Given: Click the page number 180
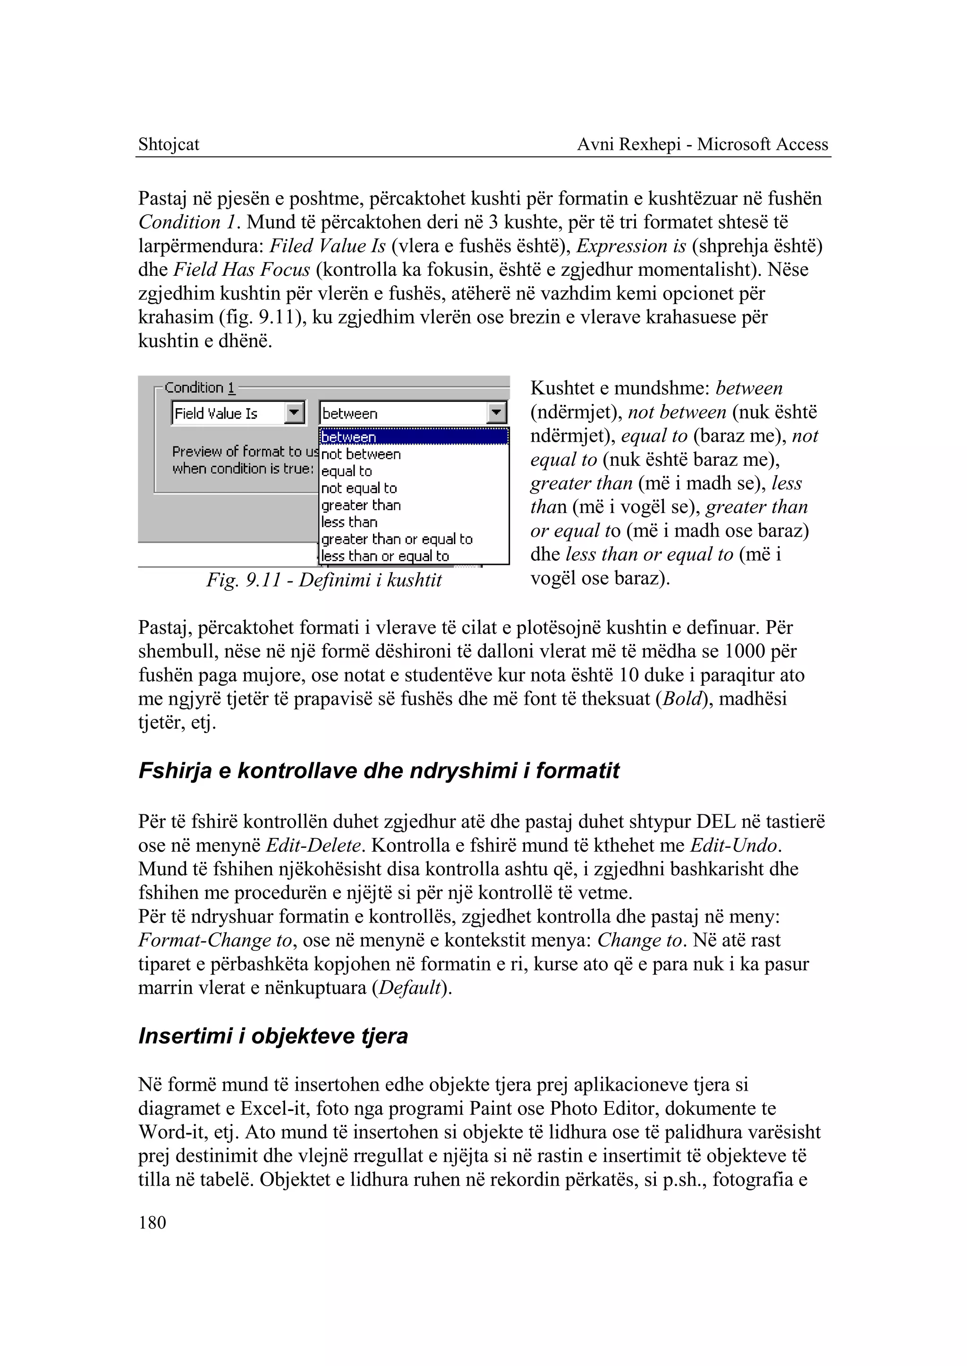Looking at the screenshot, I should (152, 1223).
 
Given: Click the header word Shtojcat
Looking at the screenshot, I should (169, 144).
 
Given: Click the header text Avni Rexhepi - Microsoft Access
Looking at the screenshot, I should (703, 144).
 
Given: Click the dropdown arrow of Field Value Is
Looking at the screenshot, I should (295, 413).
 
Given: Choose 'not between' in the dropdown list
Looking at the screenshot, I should (361, 454).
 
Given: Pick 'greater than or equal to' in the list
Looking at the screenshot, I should (397, 539).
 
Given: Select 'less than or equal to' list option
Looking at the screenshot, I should (385, 556).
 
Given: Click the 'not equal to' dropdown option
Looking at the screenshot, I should (358, 488).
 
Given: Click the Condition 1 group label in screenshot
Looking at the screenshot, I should (199, 388).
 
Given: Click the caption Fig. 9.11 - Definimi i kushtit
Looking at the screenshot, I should (324, 580).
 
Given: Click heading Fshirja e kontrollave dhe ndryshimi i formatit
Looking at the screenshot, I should (379, 771).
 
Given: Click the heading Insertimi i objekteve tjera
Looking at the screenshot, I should (273, 1036).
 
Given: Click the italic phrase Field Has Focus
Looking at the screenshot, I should (242, 270).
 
